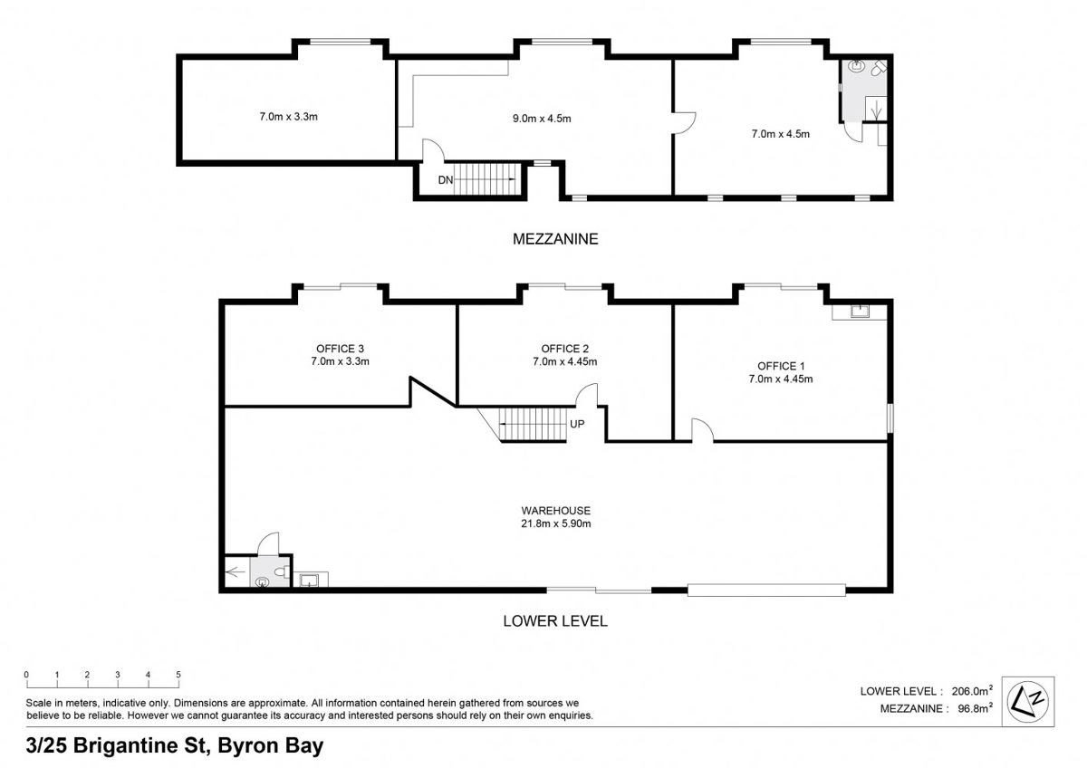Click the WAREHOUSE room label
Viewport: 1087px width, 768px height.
click(555, 511)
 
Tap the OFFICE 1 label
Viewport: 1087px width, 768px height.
click(780, 366)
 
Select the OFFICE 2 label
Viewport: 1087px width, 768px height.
click(565, 349)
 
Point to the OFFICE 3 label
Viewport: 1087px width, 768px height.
click(340, 349)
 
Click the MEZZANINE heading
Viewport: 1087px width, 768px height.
click(555, 239)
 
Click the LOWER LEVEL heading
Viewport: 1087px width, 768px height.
click(555, 621)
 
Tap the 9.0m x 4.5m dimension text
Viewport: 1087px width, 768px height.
click(542, 119)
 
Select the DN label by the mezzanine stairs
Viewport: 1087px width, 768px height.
click(446, 180)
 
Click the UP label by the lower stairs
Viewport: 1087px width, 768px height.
click(577, 424)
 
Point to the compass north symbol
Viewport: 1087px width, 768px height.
click(1027, 702)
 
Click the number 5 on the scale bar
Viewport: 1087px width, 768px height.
click(178, 675)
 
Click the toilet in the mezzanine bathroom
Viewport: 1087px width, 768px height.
click(879, 69)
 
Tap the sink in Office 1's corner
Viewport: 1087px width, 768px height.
click(860, 311)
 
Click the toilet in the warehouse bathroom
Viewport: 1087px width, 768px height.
click(282, 571)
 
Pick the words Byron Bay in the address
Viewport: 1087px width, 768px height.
click(270, 745)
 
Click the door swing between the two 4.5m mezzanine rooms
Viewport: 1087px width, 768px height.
click(684, 123)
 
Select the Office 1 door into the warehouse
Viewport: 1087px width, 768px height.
click(702, 430)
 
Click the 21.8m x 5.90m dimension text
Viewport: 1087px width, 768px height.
click(555, 523)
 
